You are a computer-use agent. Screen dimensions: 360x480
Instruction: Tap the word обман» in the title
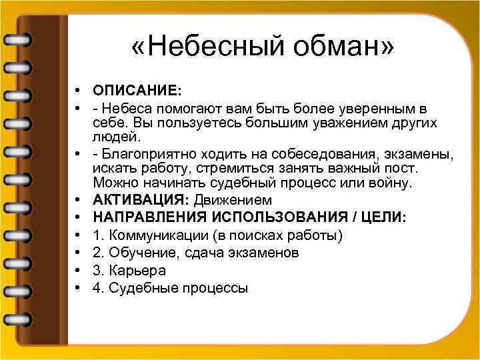click(347, 47)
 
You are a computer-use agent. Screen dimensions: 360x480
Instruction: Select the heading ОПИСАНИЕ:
click(137, 90)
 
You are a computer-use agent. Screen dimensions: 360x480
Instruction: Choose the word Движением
click(233, 200)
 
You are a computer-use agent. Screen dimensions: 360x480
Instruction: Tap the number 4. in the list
click(99, 289)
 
